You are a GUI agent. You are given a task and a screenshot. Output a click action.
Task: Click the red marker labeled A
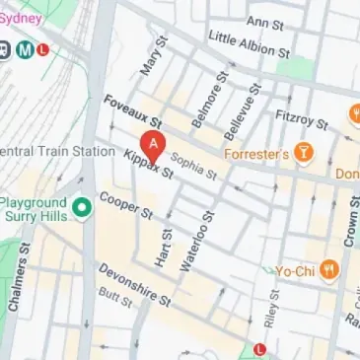pyautogui.click(x=153, y=145)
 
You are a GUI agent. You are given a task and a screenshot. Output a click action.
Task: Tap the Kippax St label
pyautogui.click(x=149, y=163)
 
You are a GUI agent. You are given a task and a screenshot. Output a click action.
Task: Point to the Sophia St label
pyautogui.click(x=193, y=166)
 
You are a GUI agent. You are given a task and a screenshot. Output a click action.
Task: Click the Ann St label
pyautogui.click(x=265, y=22)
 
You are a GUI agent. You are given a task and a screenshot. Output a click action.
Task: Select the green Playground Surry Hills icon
pyautogui.click(x=84, y=207)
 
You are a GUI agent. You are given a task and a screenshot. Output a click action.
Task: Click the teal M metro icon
pyautogui.click(x=27, y=50)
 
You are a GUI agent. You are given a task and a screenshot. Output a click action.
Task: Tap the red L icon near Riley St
pyautogui.click(x=259, y=348)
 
